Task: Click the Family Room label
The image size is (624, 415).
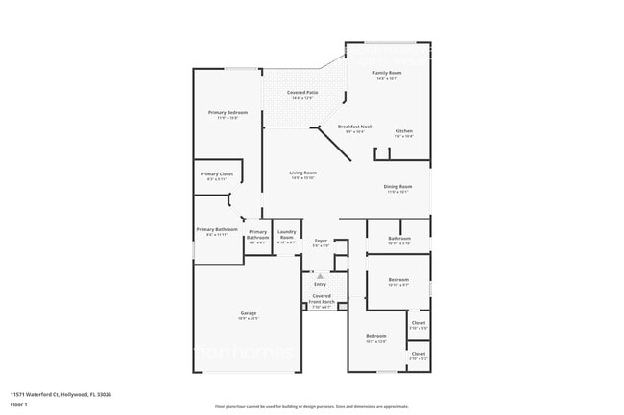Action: (x=388, y=73)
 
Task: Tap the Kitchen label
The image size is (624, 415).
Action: (x=404, y=131)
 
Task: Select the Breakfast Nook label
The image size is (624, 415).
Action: (x=354, y=127)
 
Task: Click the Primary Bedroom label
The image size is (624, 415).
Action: (x=228, y=113)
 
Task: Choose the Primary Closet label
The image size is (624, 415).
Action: (x=216, y=174)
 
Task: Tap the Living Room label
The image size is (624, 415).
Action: (x=302, y=173)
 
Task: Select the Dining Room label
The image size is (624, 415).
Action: (x=398, y=187)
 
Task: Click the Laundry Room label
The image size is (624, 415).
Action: (x=286, y=234)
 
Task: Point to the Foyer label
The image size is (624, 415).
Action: (x=321, y=242)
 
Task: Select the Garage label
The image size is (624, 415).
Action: (x=249, y=314)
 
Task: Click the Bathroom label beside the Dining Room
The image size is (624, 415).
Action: (x=399, y=238)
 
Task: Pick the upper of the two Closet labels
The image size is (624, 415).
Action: (x=419, y=323)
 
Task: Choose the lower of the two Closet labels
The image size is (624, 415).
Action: (x=419, y=354)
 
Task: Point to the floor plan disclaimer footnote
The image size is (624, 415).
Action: (x=311, y=407)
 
